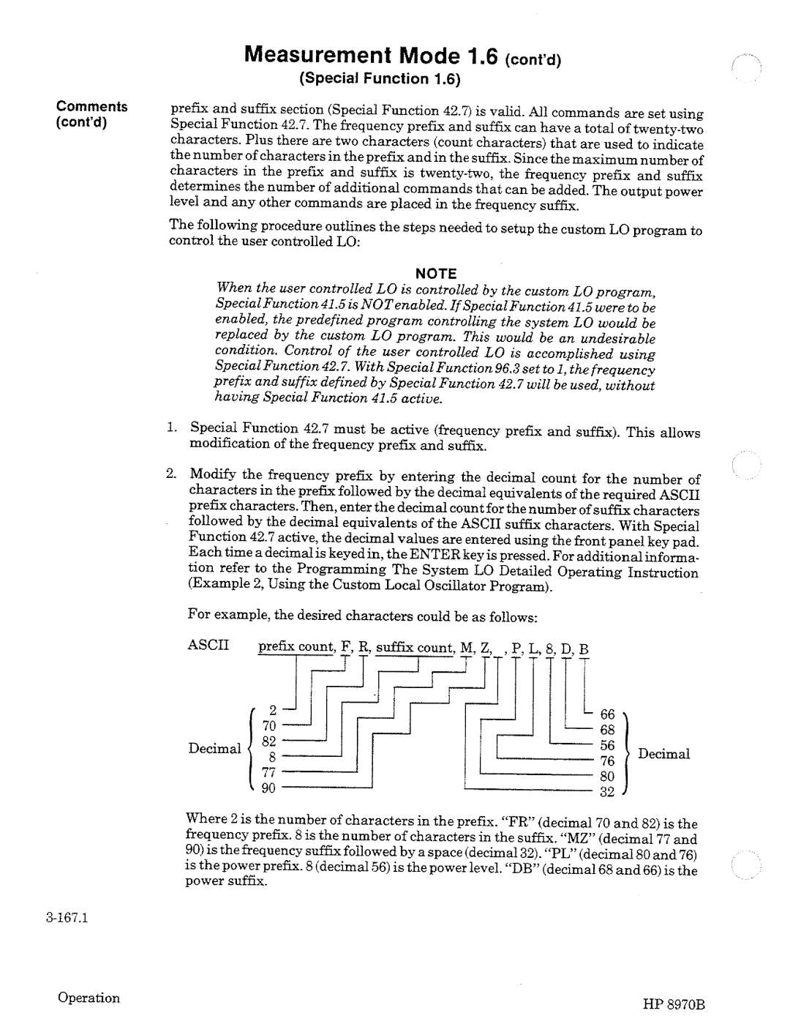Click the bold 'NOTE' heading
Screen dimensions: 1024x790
coord(436,274)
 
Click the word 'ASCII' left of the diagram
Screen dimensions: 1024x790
coord(208,646)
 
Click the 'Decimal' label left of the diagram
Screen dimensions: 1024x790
coord(214,748)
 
